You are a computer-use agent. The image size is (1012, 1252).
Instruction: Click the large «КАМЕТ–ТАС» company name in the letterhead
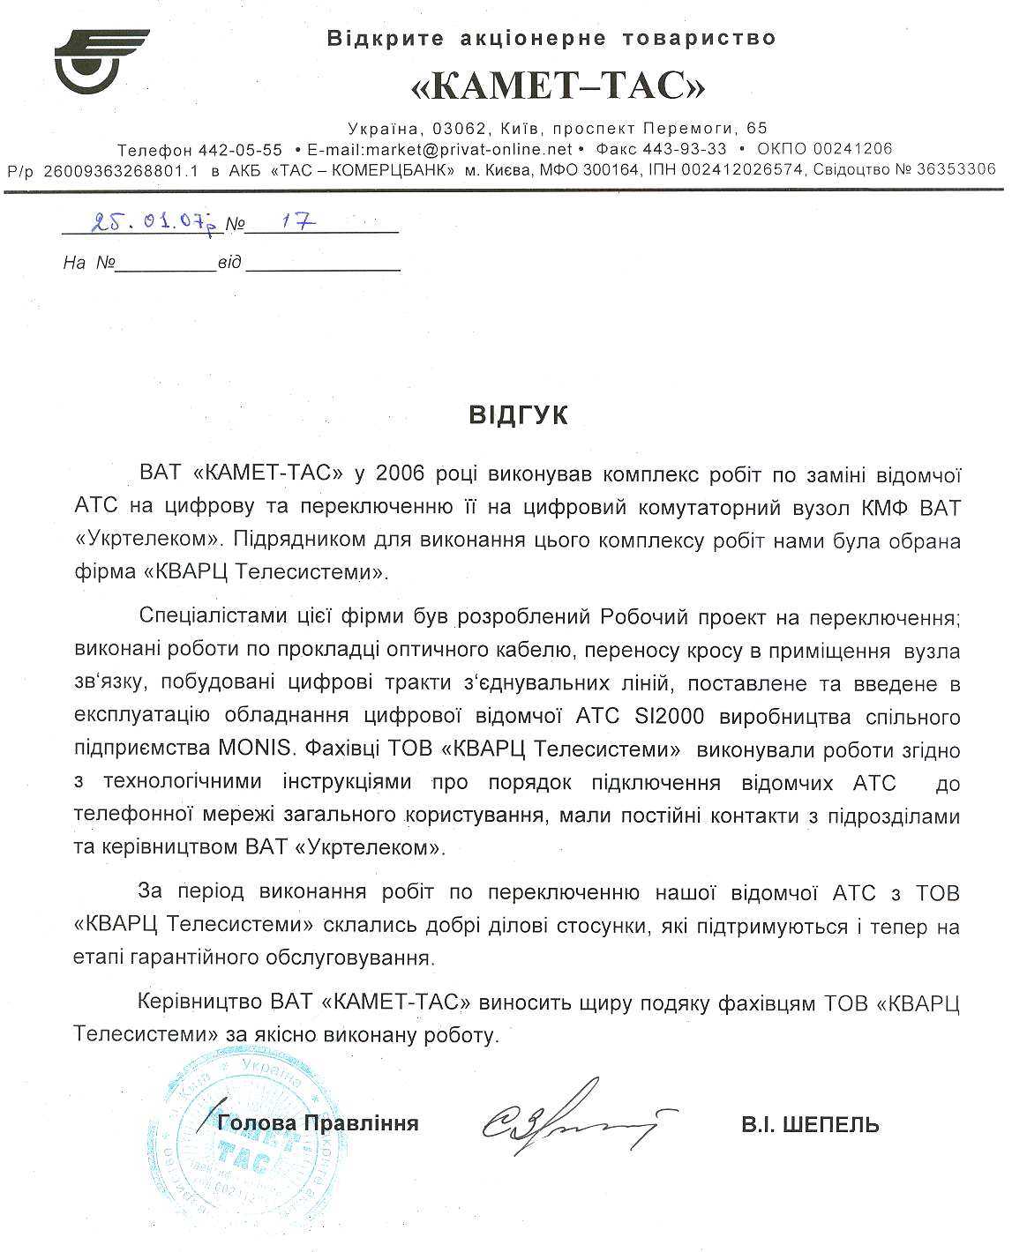pyautogui.click(x=559, y=86)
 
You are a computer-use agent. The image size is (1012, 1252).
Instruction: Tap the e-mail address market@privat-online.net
pyautogui.click(x=439, y=149)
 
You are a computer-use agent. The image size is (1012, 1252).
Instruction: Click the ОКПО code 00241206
pyautogui.click(x=852, y=149)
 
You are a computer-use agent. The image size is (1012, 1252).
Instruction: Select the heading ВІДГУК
pyautogui.click(x=518, y=415)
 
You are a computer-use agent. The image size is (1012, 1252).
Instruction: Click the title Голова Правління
pyautogui.click(x=318, y=1123)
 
